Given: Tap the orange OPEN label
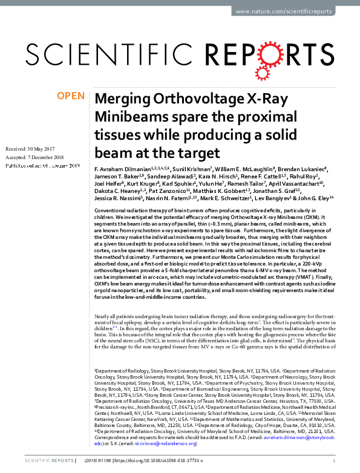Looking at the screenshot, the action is [71, 96].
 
